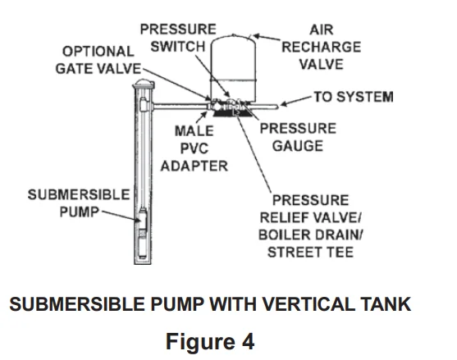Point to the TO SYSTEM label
pyautogui.click(x=353, y=97)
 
